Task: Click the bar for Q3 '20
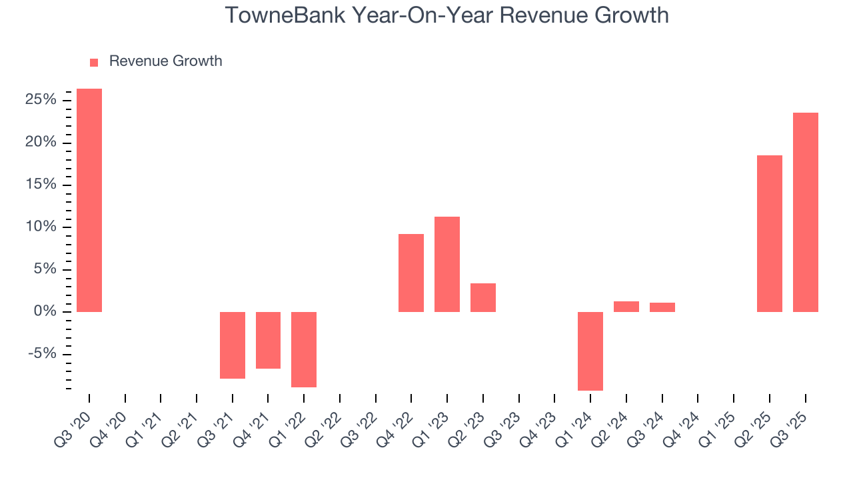tap(89, 200)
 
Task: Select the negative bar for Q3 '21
tap(233, 345)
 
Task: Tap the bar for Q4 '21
tap(268, 340)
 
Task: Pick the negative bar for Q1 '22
tap(304, 349)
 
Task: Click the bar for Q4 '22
tap(411, 273)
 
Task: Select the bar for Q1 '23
tap(447, 264)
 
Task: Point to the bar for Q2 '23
tap(483, 297)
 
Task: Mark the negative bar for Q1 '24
tap(590, 351)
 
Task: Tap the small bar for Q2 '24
tap(626, 307)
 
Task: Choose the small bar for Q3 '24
tap(662, 307)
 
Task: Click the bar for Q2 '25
tap(770, 233)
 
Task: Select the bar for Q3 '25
tap(806, 212)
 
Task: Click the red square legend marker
tap(94, 62)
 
